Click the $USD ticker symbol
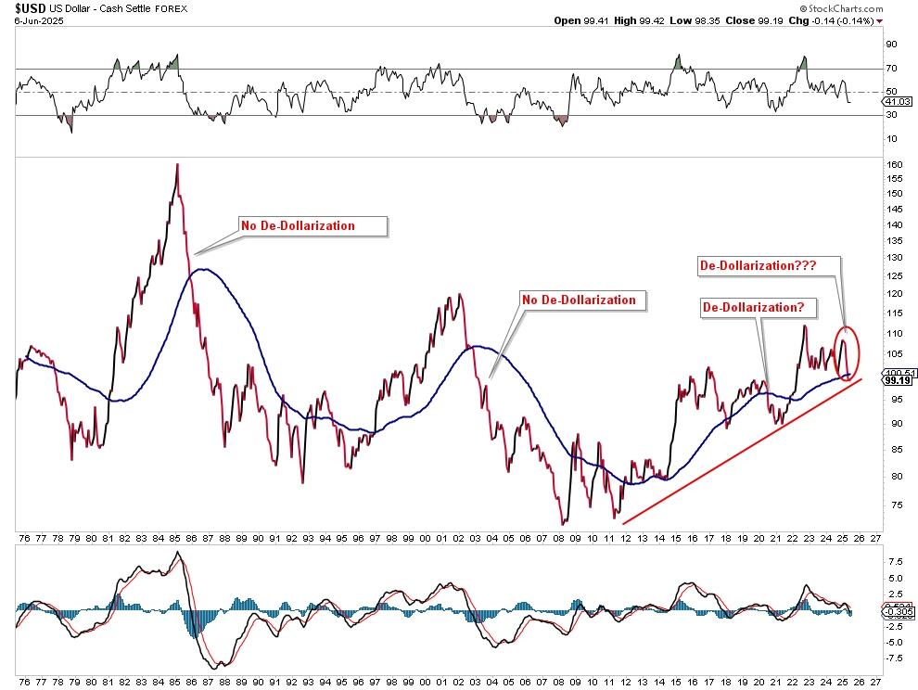(20, 7)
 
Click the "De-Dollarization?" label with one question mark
(753, 306)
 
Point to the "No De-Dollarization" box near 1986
(311, 225)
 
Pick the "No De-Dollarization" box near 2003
(580, 300)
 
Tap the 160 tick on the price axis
(893, 164)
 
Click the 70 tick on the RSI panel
(890, 68)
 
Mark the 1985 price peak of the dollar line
(176, 165)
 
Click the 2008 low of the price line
(562, 523)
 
